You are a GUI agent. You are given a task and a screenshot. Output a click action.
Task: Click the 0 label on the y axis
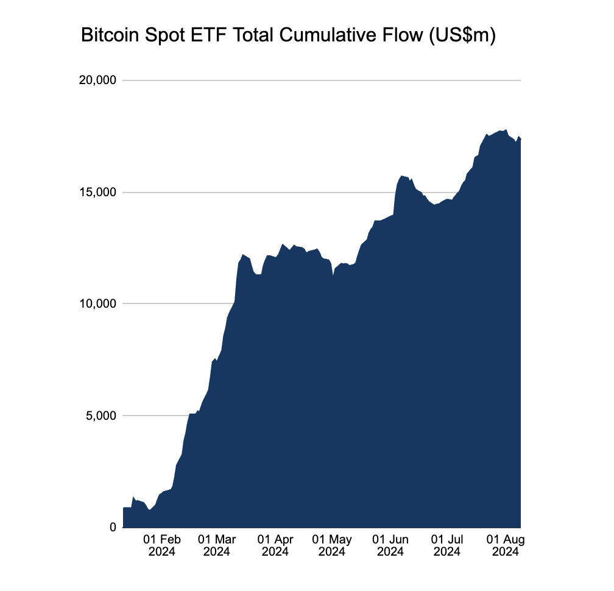tap(113, 528)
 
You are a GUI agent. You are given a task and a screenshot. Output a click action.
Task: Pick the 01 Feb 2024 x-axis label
tap(161, 546)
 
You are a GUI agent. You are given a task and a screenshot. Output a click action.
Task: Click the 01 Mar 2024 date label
tap(217, 546)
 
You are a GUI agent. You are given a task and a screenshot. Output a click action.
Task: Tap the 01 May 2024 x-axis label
tap(332, 546)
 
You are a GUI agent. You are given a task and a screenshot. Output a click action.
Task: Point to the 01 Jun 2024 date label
tap(390, 546)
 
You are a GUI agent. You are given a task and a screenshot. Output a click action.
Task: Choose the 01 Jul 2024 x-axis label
tap(447, 546)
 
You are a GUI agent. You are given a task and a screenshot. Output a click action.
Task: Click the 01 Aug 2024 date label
tap(505, 546)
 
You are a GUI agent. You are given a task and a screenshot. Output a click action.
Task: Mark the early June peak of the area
tap(402, 176)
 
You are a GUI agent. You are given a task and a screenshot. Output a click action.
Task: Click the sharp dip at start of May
tap(333, 276)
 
